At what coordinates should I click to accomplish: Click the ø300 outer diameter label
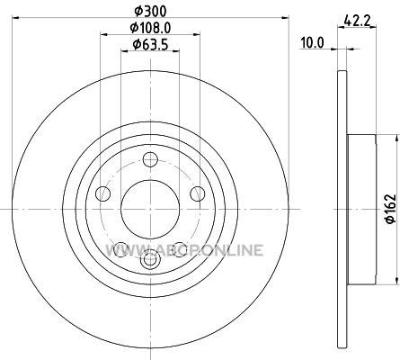(x=150, y=12)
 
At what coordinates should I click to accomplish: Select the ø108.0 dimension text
(x=150, y=28)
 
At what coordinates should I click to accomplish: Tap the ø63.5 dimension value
(x=150, y=45)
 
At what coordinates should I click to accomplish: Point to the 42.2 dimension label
(x=357, y=21)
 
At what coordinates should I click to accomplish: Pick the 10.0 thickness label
(x=313, y=43)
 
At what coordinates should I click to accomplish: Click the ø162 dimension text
(x=390, y=209)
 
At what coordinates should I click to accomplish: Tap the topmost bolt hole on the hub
(x=150, y=159)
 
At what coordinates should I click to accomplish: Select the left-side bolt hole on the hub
(x=102, y=193)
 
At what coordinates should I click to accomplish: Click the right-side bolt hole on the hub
(x=198, y=193)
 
